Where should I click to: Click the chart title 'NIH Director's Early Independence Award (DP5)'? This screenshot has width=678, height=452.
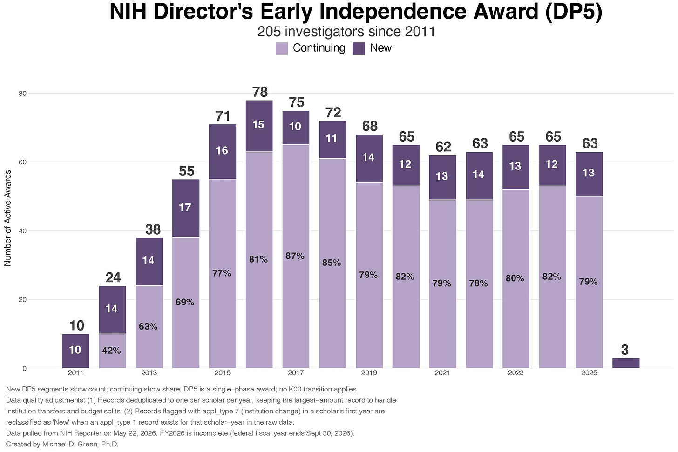356,12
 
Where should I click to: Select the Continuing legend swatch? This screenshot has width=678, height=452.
281,48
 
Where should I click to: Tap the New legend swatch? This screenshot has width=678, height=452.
359,48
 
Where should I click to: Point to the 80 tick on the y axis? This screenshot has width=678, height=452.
22,94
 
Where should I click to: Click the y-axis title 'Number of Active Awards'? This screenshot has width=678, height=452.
7,218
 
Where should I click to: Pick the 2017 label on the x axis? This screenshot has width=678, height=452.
296,373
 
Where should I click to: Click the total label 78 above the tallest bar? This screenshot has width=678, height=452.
260,92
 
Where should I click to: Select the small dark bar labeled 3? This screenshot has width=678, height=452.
626,363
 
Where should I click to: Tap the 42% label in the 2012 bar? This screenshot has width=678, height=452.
111,351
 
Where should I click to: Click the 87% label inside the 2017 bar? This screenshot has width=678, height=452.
295,256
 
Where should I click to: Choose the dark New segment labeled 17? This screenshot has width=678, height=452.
186,209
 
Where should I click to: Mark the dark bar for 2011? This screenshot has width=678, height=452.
75,351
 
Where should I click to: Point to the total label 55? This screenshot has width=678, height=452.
186,171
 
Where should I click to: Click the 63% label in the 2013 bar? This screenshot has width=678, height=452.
148,326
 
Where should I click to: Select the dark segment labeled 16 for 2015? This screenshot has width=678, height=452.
223,152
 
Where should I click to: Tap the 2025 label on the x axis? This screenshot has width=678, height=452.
589,373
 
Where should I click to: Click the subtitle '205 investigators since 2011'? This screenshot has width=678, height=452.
346,32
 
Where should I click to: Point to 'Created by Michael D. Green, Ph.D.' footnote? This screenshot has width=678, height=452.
62,444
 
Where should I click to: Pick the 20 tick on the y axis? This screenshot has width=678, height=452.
22,299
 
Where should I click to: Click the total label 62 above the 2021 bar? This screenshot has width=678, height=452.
443,147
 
